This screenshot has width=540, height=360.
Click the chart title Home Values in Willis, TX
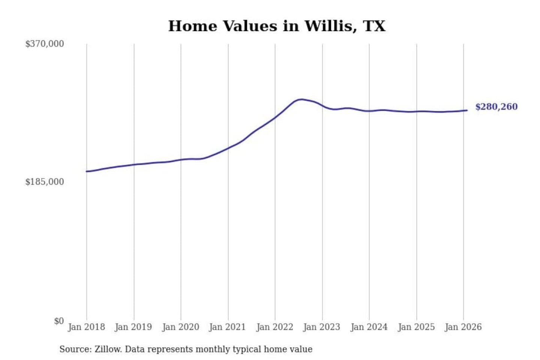click(x=277, y=26)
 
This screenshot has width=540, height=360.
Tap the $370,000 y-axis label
click(x=45, y=44)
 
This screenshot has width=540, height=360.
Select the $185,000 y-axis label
click(x=45, y=182)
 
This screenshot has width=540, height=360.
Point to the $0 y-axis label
click(x=59, y=321)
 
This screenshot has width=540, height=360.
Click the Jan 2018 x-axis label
click(x=86, y=327)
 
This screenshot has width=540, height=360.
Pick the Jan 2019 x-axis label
click(x=133, y=327)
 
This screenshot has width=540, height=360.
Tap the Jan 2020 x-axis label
click(x=180, y=327)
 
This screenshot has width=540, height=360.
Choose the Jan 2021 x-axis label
click(x=227, y=327)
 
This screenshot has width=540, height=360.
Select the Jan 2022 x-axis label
click(x=274, y=327)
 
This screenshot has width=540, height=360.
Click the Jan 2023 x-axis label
click(x=321, y=327)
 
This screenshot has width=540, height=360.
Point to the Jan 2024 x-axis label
click(x=369, y=327)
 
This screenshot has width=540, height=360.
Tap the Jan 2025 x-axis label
click(x=416, y=327)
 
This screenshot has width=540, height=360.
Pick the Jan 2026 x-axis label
click(x=463, y=327)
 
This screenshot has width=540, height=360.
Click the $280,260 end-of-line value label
click(x=496, y=107)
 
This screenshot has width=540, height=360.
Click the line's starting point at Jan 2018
click(x=87, y=171)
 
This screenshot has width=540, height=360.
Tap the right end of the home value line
click(x=467, y=110)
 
